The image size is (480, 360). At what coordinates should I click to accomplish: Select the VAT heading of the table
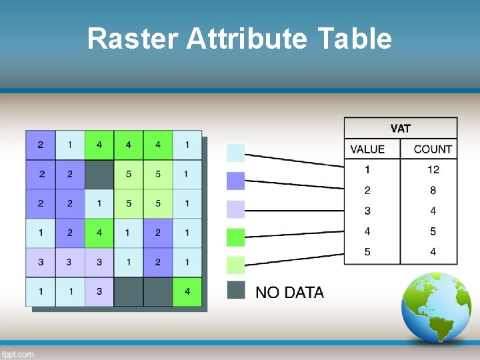tap(401, 128)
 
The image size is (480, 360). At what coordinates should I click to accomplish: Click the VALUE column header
tap(367, 149)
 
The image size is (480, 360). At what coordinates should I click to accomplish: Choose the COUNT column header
tap(433, 149)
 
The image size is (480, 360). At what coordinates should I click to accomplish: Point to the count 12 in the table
tap(433, 170)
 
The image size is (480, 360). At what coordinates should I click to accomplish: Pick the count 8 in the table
tap(433, 191)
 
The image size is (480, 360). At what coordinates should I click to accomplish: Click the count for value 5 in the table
tap(433, 252)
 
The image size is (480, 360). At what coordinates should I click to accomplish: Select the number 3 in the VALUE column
tap(367, 211)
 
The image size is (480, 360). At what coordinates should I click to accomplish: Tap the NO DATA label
tap(290, 293)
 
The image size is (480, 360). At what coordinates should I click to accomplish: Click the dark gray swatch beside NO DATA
tap(236, 290)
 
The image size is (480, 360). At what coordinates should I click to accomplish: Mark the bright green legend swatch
tap(236, 237)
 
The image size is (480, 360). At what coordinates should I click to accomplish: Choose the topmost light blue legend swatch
tap(236, 153)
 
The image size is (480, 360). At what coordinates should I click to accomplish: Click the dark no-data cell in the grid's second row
tap(99, 175)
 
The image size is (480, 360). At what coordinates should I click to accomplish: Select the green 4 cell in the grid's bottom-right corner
tap(187, 291)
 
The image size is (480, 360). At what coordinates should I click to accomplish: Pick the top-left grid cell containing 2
tap(41, 145)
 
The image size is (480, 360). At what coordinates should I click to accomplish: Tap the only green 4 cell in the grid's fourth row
tap(99, 233)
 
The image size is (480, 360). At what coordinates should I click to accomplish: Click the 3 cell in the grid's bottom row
tap(99, 291)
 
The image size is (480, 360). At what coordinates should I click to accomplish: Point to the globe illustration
tap(437, 308)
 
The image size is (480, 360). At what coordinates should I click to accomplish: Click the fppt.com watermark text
tap(18, 354)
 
